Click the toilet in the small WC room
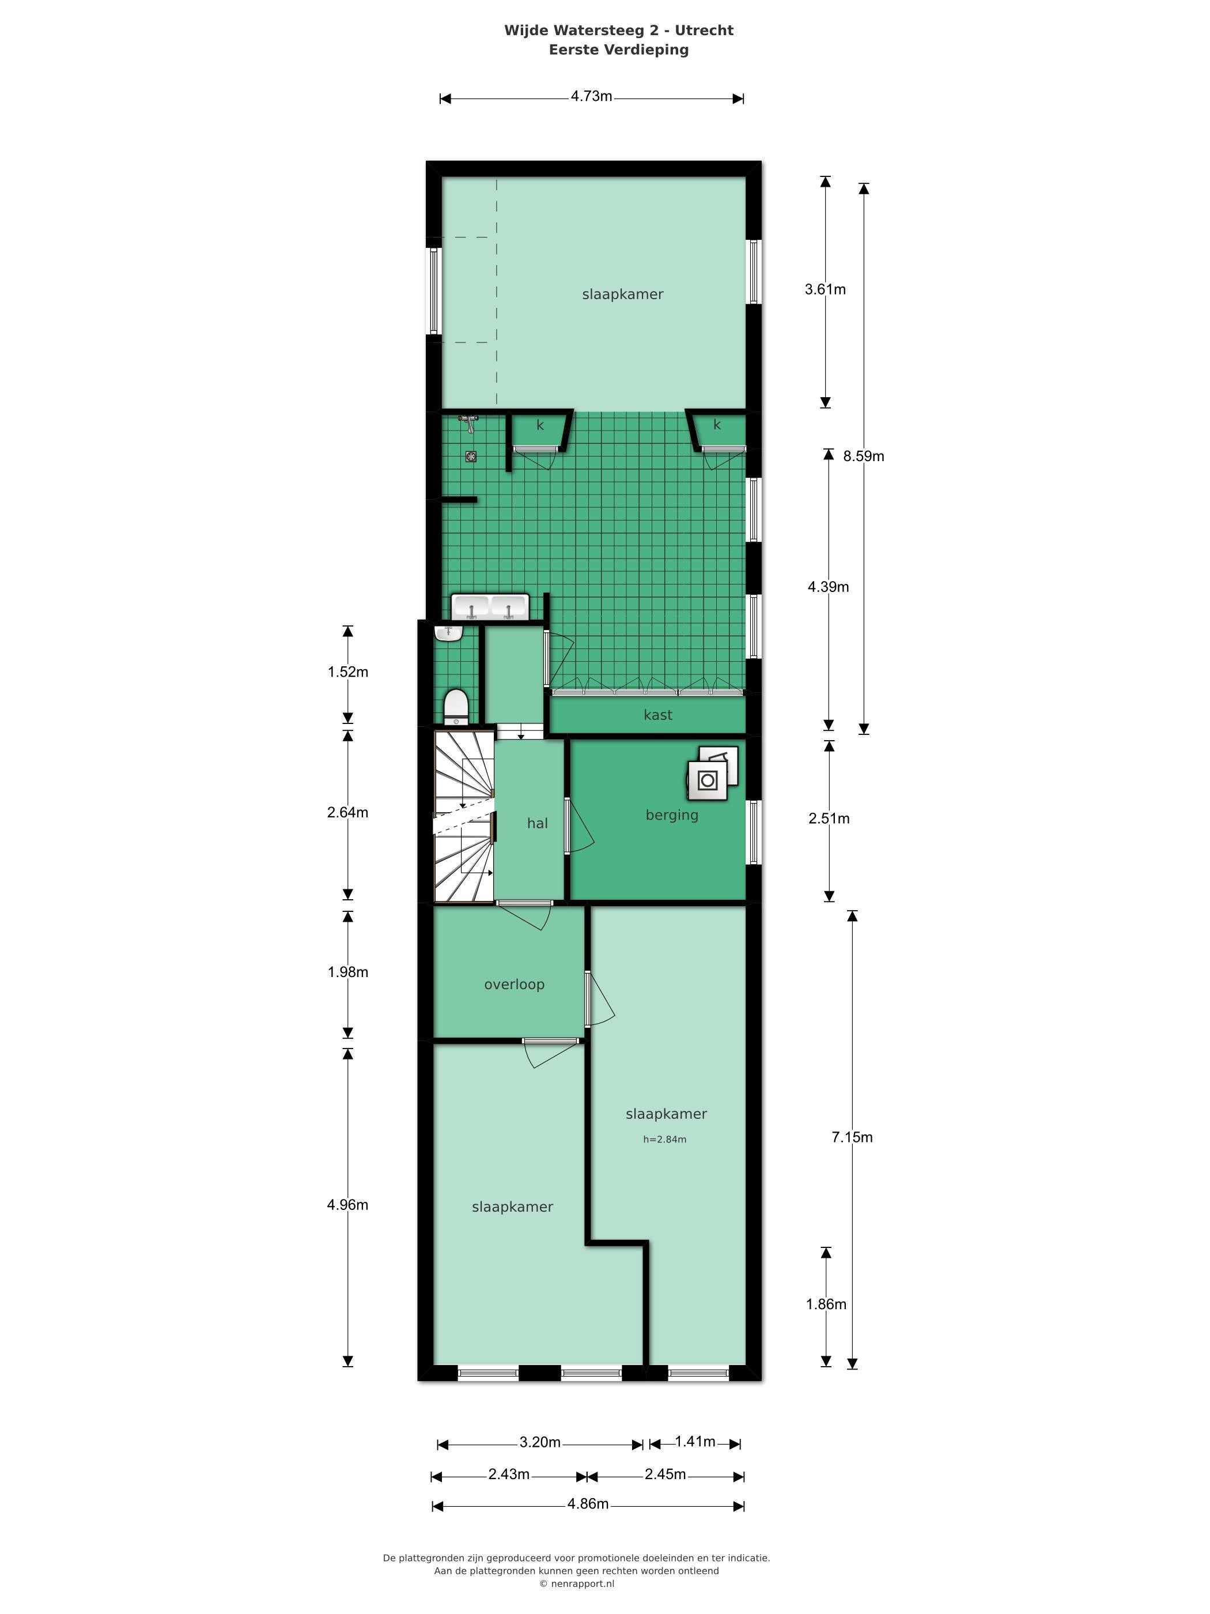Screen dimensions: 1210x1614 point(456,706)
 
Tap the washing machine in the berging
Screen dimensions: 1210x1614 point(707,780)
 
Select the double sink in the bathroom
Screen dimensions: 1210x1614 point(490,607)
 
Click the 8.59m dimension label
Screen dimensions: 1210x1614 point(864,456)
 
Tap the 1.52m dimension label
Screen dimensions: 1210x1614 point(348,672)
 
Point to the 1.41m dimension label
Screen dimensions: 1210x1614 point(695,1441)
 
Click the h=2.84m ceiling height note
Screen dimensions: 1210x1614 point(664,1139)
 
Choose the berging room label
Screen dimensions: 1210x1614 point(672,815)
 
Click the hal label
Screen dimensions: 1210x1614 point(538,823)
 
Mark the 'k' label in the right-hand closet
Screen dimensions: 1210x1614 point(717,425)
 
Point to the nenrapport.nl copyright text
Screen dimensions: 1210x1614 point(577,1583)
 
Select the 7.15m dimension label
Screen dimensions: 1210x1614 point(852,1137)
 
